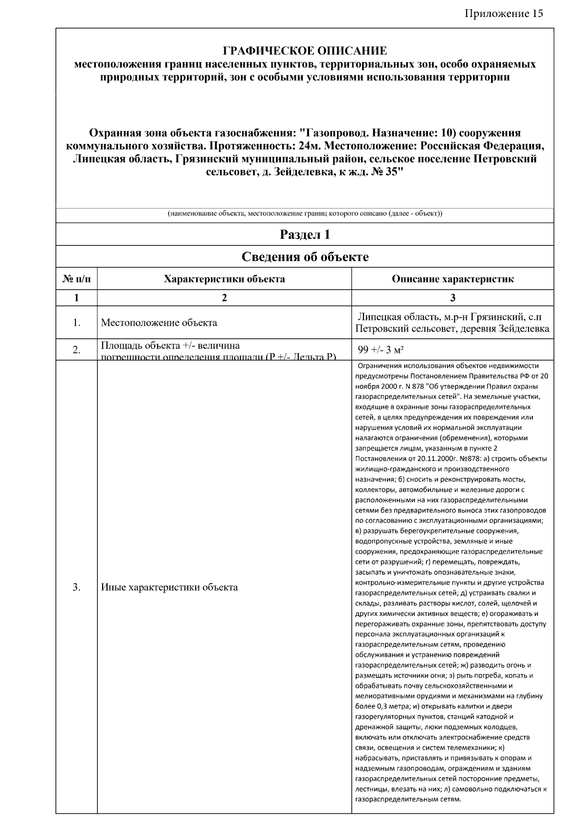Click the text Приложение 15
pyautogui.click(x=504, y=13)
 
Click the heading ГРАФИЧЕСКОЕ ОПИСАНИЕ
pyautogui.click(x=305, y=51)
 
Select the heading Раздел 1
pyautogui.click(x=305, y=235)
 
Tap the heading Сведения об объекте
pyautogui.click(x=305, y=257)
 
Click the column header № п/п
pyautogui.click(x=76, y=279)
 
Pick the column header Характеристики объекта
pyautogui.click(x=224, y=279)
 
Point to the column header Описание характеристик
pyautogui.click(x=453, y=279)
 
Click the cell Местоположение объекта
pyautogui.click(x=159, y=323)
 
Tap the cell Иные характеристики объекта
pyautogui.click(x=169, y=587)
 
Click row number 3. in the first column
pyautogui.click(x=76, y=587)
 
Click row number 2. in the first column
pyautogui.click(x=76, y=350)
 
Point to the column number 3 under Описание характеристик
pyautogui.click(x=453, y=298)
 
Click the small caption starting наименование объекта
pyautogui.click(x=305, y=213)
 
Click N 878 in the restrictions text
pyautogui.click(x=410, y=386)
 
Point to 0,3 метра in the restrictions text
pyautogui.click(x=382, y=706)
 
